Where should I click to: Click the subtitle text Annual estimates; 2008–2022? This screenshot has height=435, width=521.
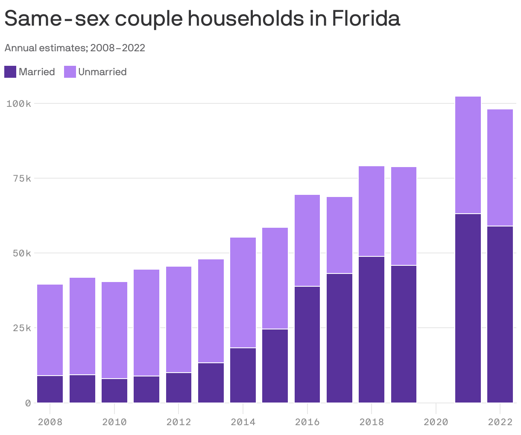[x=75, y=48]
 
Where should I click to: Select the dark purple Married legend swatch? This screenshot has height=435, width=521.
[x=10, y=72]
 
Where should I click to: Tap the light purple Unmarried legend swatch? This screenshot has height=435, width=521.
[x=70, y=72]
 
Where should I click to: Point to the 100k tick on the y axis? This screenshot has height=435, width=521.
[x=18, y=103]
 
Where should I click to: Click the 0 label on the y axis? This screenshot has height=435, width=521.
[x=28, y=403]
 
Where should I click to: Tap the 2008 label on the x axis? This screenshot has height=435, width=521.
[x=50, y=422]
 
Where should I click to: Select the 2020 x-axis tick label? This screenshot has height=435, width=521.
[x=436, y=422]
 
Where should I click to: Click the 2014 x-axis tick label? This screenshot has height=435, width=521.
[x=243, y=422]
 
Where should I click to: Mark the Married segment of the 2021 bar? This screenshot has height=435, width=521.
[x=468, y=308]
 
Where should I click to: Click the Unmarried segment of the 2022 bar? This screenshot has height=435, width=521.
[x=500, y=168]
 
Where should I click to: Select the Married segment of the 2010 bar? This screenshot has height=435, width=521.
[x=114, y=391]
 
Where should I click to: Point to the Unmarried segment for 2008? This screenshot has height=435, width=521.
[x=50, y=330]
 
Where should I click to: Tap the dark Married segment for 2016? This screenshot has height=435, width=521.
[x=307, y=344]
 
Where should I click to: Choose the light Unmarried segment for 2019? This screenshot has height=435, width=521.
[x=404, y=216]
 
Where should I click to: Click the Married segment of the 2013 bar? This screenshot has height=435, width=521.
[x=211, y=382]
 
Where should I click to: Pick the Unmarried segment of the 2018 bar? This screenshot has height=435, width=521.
[x=372, y=211]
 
